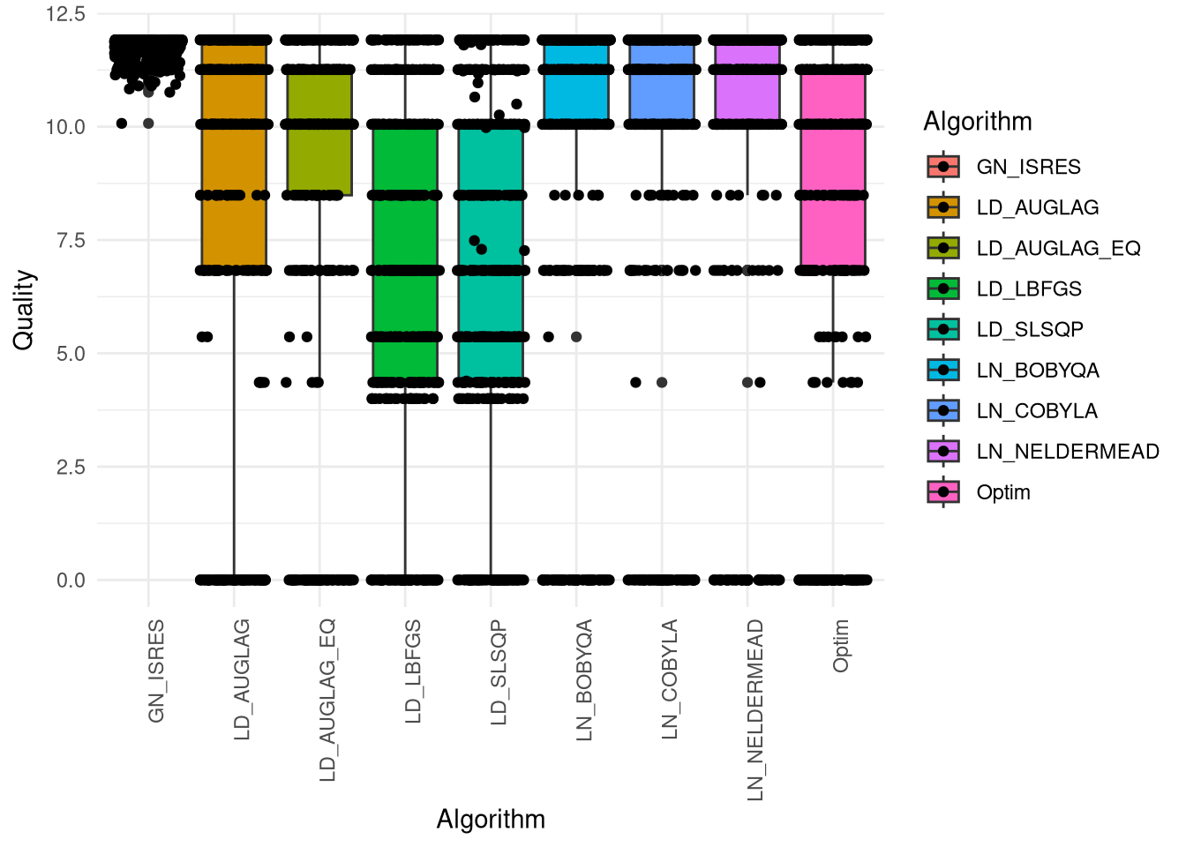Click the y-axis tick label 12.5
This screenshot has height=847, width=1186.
pyautogui.click(x=66, y=14)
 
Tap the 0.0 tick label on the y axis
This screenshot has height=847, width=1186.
pyautogui.click(x=71, y=581)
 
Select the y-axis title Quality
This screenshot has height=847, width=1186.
pyautogui.click(x=24, y=310)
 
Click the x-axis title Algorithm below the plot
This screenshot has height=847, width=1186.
pyautogui.click(x=491, y=820)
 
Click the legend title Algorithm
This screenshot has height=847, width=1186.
pyautogui.click(x=977, y=122)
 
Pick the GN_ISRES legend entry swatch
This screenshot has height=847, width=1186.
pyautogui.click(x=943, y=167)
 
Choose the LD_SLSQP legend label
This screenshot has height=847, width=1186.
pyautogui.click(x=1030, y=330)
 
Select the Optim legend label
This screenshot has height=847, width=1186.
pyautogui.click(x=1003, y=492)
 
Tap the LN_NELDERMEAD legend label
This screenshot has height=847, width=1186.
pyautogui.click(x=1068, y=452)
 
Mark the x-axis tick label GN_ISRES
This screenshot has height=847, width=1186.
pyautogui.click(x=157, y=671)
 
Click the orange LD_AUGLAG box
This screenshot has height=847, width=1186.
pyautogui.click(x=234, y=159)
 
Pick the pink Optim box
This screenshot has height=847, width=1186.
pyautogui.click(x=833, y=168)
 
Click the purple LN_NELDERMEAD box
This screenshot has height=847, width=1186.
pyautogui.click(x=747, y=84)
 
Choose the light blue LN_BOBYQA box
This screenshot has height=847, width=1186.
pyautogui.click(x=576, y=84)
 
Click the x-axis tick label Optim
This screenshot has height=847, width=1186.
pyautogui.click(x=841, y=646)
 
